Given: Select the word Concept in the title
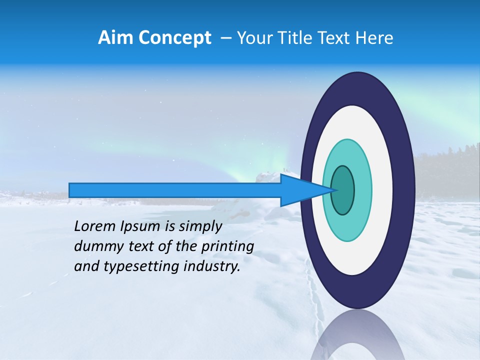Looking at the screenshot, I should click(x=174, y=38).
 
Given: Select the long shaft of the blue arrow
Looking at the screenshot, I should click(x=175, y=190).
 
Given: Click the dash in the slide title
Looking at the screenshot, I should click(x=226, y=38).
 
